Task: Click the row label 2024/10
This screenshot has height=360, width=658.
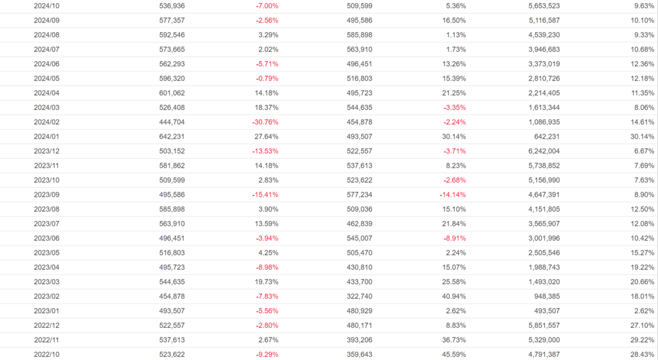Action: pyautogui.click(x=46, y=6)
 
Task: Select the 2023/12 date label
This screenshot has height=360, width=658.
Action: pyautogui.click(x=46, y=151)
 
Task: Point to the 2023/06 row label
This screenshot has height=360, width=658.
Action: pyautogui.click(x=46, y=239)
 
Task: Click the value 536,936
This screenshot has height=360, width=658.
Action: pyautogui.click(x=172, y=6)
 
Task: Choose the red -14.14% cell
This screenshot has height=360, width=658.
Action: pyautogui.click(x=452, y=195)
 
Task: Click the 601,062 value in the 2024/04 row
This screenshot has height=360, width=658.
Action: pyautogui.click(x=172, y=93)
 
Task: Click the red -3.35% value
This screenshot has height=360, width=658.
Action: pyautogui.click(x=454, y=107)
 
